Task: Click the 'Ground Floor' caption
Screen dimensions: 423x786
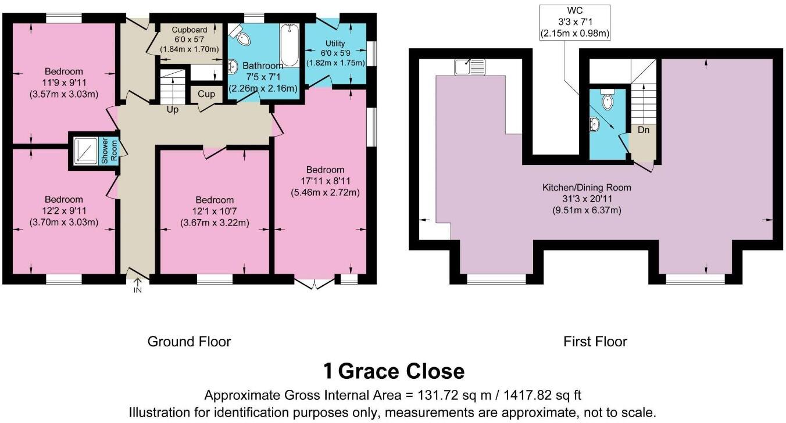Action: pos(189,341)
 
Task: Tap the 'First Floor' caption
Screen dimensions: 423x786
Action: pos(595,341)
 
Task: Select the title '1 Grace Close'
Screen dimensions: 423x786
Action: pos(394,371)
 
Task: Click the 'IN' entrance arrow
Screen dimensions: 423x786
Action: pos(138,285)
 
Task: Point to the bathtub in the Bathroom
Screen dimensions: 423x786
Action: pos(289,46)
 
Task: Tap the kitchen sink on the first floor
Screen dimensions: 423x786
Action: pos(470,67)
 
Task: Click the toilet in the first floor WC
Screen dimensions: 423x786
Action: pos(608,101)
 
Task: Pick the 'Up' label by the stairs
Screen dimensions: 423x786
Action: pos(173,109)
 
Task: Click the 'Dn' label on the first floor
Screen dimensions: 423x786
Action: pos(643,130)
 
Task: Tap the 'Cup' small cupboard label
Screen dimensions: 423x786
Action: pos(206,94)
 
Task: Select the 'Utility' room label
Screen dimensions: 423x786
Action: pos(335,44)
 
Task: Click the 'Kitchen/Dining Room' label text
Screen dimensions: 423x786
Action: pos(586,188)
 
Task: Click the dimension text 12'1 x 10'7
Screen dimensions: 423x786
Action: pos(215,211)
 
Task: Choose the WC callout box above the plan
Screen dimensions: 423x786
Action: pos(574,23)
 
